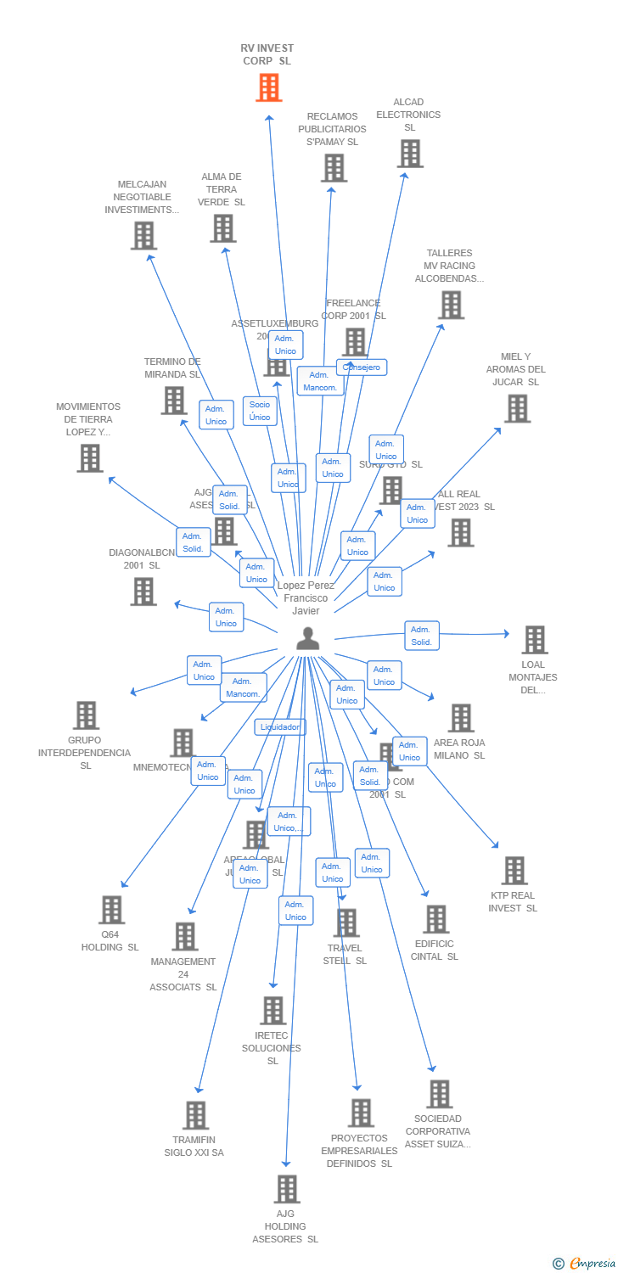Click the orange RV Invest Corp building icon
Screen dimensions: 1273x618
tap(268, 87)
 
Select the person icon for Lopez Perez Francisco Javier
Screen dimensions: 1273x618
tap(307, 638)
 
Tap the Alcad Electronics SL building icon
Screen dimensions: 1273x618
tap(410, 154)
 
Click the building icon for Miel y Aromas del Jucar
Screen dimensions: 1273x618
tap(516, 408)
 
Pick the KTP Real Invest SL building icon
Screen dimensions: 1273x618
tap(514, 870)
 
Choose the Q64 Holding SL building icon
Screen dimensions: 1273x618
tap(111, 910)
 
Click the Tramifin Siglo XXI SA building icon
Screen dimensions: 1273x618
tap(195, 1115)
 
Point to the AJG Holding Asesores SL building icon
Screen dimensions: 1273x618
tap(287, 1189)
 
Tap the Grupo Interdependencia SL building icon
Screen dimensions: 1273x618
tap(86, 715)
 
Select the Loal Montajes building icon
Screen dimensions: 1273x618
tap(534, 639)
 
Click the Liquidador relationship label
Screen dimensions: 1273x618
tap(280, 727)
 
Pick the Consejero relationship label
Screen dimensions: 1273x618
tap(362, 367)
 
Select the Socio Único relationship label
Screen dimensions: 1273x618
tap(260, 411)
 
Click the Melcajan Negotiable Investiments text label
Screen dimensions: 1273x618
tap(142, 197)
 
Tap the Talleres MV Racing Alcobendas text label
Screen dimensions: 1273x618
tap(449, 266)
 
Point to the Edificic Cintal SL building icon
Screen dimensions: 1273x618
tap(435, 919)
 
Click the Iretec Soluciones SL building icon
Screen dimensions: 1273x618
tap(272, 1011)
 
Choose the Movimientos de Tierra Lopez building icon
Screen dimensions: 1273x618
tap(89, 458)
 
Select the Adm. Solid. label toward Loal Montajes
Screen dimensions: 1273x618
tap(421, 636)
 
